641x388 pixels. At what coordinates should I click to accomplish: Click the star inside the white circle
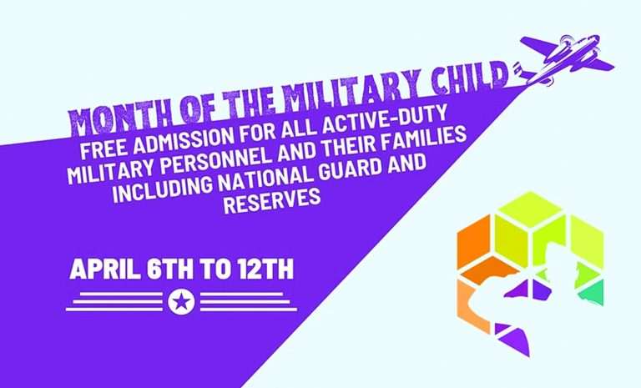[x=181, y=302]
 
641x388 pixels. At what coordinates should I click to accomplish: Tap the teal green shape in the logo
[x=592, y=293]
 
